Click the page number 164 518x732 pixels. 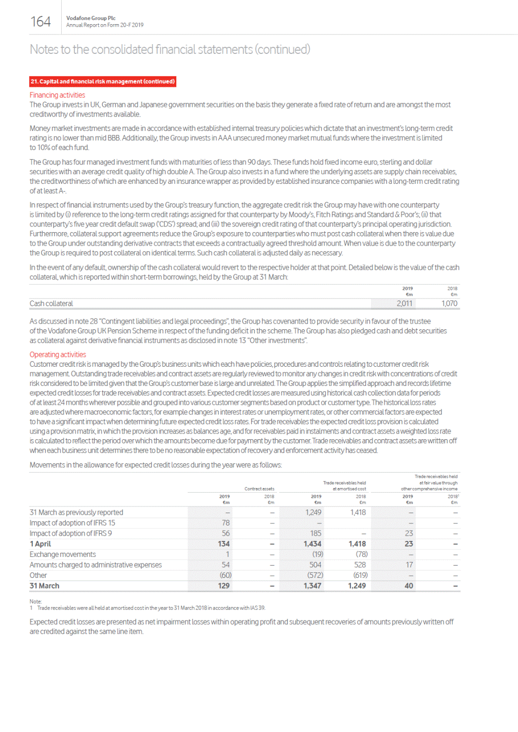(41, 22)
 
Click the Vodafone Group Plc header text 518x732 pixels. (91, 18)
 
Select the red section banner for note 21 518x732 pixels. (103, 82)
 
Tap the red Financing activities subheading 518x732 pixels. (57, 95)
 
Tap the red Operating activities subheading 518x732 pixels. (58, 354)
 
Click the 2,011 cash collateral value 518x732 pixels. (404, 304)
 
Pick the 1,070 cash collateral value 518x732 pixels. (449, 304)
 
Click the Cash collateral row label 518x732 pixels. (51, 304)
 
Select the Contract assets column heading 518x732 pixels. (259, 489)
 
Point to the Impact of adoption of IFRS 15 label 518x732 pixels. (72, 523)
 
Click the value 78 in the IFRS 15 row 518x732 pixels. (226, 523)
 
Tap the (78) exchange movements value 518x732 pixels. (361, 554)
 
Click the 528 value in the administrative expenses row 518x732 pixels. (360, 565)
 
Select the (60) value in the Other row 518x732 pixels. (226, 575)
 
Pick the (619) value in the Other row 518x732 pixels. (360, 575)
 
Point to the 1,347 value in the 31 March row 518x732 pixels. (312, 586)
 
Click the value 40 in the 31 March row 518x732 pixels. (409, 586)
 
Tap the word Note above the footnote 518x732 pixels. (35, 601)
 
